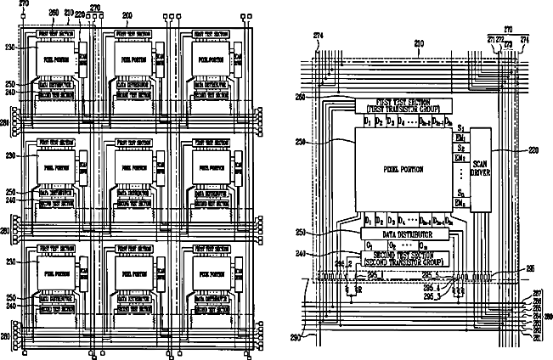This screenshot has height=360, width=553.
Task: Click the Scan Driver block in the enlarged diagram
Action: coord(482,170)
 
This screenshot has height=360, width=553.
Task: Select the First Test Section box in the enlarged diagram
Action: coord(399,106)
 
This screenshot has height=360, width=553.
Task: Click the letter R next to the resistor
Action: coord(352,290)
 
